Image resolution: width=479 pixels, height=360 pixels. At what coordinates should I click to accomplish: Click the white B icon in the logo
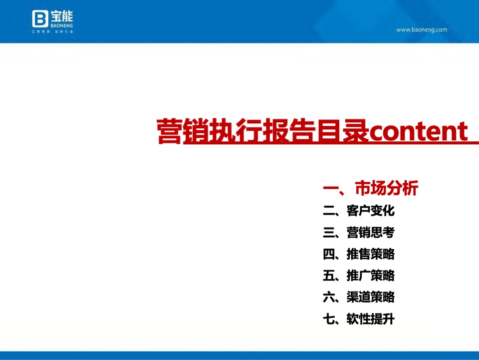coord(40,19)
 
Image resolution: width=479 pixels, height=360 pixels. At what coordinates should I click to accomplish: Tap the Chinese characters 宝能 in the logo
coord(61,15)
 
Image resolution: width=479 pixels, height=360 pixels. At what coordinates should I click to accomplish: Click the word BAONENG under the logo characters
coord(61,25)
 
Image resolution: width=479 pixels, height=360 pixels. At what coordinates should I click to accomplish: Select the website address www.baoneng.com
coord(422,29)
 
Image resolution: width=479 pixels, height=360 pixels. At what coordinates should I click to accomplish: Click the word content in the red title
coord(418,131)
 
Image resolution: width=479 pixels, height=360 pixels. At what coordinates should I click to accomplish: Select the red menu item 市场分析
coord(386,189)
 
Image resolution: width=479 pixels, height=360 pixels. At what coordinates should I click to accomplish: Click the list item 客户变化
coord(370,211)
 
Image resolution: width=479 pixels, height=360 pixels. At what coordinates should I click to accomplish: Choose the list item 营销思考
coord(370,232)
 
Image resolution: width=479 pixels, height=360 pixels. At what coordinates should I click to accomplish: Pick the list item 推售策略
coord(370,254)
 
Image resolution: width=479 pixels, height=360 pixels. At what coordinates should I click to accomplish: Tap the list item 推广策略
coord(370,276)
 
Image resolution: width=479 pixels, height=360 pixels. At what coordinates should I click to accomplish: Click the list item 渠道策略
coord(370,297)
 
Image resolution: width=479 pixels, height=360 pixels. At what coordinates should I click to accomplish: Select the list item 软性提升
coord(370,319)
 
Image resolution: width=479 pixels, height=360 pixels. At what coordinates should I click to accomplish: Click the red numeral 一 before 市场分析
coord(331,189)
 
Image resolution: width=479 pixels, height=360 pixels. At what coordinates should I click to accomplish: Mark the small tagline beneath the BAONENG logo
coord(52,32)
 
